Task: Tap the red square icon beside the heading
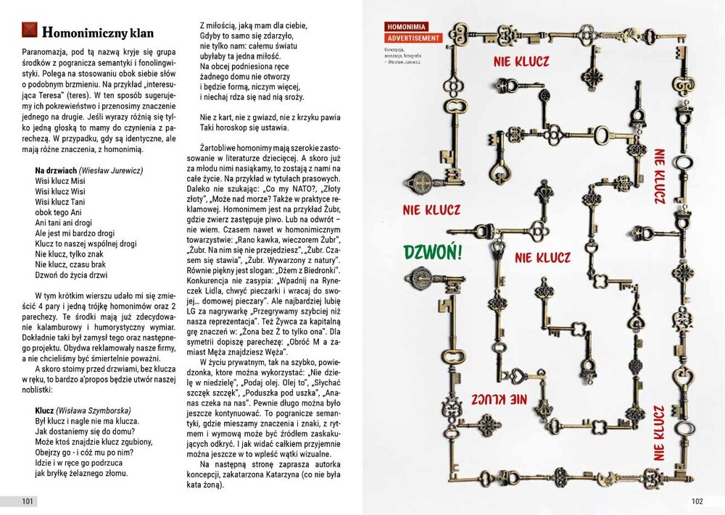tap(28, 30)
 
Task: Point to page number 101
tap(28, 501)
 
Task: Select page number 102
tap(697, 501)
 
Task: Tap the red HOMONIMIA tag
tap(407, 27)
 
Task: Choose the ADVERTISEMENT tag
tap(413, 38)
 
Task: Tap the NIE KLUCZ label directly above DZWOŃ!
tap(431, 211)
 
